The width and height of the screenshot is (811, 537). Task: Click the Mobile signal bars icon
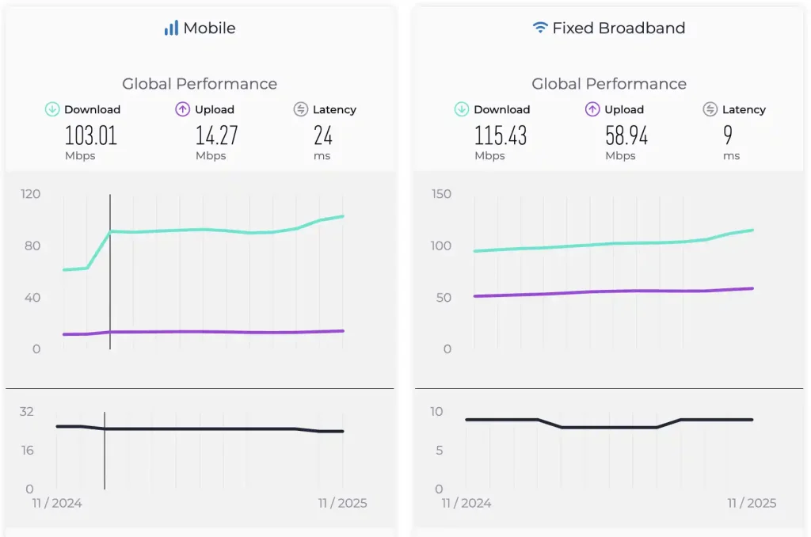click(x=171, y=29)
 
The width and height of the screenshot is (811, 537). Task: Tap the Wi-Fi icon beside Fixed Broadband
click(x=540, y=28)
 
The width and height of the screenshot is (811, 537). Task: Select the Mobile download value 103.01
click(x=90, y=135)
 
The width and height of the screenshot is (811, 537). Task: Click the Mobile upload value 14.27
click(x=216, y=135)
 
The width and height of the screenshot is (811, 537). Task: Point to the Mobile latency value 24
click(x=322, y=135)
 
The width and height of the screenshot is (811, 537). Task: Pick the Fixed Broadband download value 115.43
click(x=500, y=135)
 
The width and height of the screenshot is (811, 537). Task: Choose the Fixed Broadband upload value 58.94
click(x=626, y=135)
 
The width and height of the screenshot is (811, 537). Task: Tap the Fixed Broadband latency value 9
click(x=727, y=135)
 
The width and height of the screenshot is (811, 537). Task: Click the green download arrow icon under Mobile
click(x=52, y=109)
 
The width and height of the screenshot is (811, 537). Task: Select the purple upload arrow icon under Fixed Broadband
click(x=592, y=109)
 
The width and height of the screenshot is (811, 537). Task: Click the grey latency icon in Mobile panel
click(x=300, y=109)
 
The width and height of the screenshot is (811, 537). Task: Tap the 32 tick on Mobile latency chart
click(x=27, y=412)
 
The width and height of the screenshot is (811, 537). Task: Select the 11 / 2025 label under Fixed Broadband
click(x=752, y=503)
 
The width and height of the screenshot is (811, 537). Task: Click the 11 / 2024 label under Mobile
click(x=56, y=503)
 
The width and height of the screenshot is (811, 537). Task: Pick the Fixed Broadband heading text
click(x=619, y=29)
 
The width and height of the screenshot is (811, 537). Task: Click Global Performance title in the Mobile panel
click(x=200, y=84)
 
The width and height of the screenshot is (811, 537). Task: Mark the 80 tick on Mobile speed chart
click(x=32, y=246)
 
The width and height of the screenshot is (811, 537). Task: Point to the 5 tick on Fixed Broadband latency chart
click(x=440, y=451)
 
